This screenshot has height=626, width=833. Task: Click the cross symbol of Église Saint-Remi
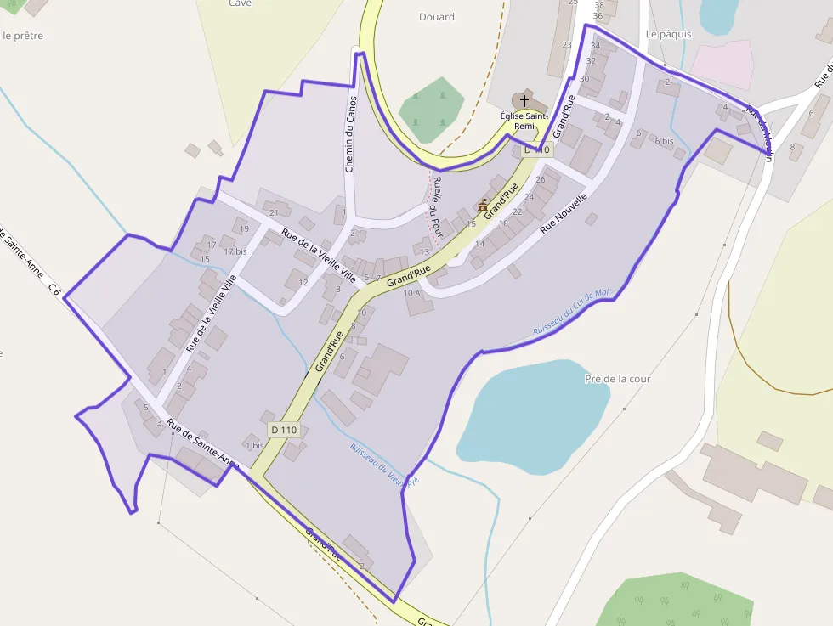[524, 101]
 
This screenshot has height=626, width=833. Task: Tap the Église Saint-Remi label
[524, 121]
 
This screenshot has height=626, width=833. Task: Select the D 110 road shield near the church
[537, 149]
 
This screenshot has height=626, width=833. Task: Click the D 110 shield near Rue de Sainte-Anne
[285, 430]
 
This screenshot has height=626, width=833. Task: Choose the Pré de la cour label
[618, 379]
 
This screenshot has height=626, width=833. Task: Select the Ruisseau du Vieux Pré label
[385, 465]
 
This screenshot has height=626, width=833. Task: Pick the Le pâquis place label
[669, 34]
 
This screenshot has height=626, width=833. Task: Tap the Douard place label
[437, 17]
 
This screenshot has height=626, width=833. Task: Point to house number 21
[274, 212]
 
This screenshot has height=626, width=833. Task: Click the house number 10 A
[411, 293]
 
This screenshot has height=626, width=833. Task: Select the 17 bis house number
[235, 251]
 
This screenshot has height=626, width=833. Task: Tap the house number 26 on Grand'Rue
[541, 180]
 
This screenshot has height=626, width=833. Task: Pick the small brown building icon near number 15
[484, 205]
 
